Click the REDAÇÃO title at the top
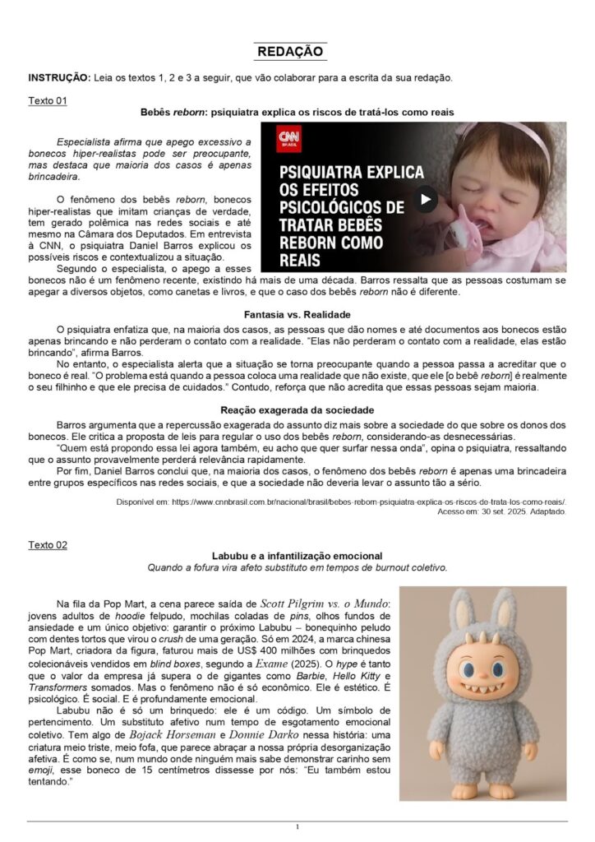pos(290,52)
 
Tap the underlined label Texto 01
pos(48,100)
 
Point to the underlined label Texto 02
pos(48,544)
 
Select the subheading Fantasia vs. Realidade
pos(297,315)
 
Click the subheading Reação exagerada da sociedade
pos(297,409)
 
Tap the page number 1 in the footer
pos(297,826)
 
